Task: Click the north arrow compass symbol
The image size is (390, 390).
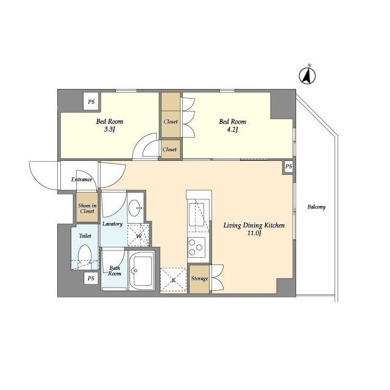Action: (307, 75)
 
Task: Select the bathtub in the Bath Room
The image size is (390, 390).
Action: (141, 271)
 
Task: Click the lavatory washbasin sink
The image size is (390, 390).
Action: (136, 208)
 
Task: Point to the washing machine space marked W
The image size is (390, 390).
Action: (138, 235)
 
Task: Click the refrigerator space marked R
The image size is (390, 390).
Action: (173, 280)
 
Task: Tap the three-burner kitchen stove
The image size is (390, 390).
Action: (196, 247)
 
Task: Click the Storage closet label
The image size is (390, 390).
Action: (199, 278)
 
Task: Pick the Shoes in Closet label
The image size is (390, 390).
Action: (87, 208)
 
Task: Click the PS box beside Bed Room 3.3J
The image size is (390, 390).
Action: (91, 102)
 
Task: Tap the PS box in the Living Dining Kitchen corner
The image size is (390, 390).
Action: (288, 166)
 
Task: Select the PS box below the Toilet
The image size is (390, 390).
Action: (91, 278)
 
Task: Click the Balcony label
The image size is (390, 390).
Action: (316, 207)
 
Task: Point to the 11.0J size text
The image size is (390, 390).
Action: (254, 234)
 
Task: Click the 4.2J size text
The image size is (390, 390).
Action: (233, 130)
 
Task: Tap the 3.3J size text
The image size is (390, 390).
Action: (110, 130)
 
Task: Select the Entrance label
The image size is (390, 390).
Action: (82, 179)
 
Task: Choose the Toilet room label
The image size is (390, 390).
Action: (85, 236)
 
